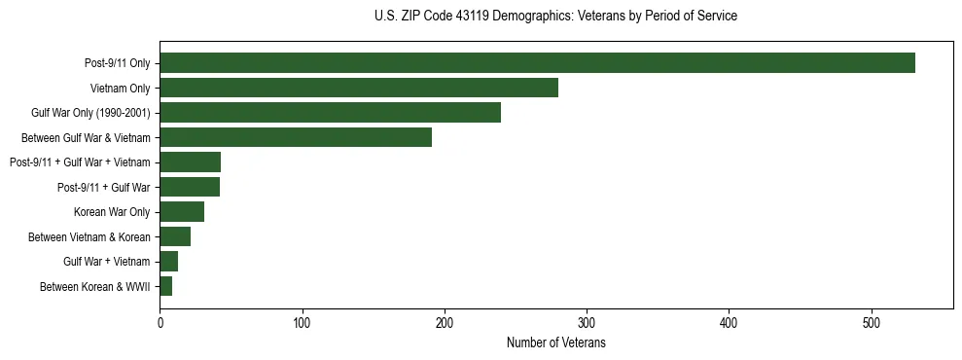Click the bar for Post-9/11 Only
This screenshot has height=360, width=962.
click(x=537, y=63)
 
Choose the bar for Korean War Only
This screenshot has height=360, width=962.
click(x=182, y=212)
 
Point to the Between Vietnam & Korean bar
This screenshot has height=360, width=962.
click(x=175, y=236)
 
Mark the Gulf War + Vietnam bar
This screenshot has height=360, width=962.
click(x=168, y=262)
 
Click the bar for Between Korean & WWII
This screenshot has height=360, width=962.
click(x=165, y=286)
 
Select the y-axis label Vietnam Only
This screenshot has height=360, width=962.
click(x=122, y=89)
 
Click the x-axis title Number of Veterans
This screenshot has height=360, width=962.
click(x=555, y=342)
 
